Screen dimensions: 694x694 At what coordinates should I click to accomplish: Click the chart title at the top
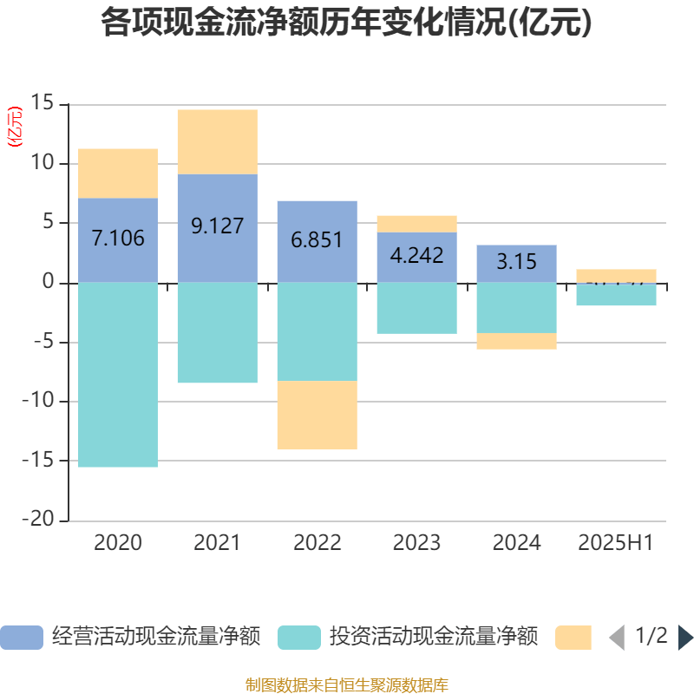[346, 23]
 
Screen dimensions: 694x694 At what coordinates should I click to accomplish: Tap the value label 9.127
[217, 226]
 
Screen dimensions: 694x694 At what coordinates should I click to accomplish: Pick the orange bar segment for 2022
[318, 416]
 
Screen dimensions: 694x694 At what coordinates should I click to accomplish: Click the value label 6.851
[318, 240]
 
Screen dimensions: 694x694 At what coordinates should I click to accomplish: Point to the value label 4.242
[416, 255]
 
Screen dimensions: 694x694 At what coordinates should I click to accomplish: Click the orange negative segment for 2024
[516, 341]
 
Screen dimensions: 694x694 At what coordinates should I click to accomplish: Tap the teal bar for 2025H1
[616, 295]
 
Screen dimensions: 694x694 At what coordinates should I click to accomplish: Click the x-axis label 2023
[416, 543]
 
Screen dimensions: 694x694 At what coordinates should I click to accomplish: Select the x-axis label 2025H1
[616, 543]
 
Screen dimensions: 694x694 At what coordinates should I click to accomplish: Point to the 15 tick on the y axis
[43, 104]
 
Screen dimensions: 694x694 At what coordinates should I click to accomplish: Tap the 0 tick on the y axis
[49, 283]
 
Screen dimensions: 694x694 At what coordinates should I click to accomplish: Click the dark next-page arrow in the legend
[684, 638]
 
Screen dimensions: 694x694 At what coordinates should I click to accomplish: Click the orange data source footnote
[346, 684]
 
